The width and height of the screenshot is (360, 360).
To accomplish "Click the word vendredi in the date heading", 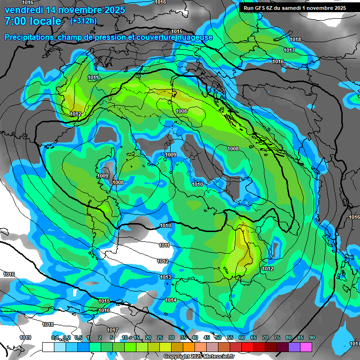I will (x=21, y=10).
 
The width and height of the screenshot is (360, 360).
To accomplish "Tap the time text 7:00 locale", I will (x=33, y=21).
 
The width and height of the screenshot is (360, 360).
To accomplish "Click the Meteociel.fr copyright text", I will (x=199, y=357).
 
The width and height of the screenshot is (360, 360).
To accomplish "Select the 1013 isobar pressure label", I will (x=165, y=277).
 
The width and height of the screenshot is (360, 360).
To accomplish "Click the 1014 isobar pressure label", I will (x=171, y=300).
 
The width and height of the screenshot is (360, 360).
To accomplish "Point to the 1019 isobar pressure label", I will (x=25, y=337).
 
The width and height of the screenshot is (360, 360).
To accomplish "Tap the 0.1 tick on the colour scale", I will (x=55, y=338).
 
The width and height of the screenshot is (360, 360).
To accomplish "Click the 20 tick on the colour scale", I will (x=148, y=338).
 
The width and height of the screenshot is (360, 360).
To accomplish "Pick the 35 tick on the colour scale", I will (x=183, y=338).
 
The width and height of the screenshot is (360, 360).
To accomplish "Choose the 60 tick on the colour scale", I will (x=242, y=338).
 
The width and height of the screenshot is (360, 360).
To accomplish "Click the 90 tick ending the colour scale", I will (x=312, y=338).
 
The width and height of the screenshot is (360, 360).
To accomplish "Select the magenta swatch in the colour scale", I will (x=306, y=347).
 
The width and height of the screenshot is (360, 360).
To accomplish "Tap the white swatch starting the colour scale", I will (x=48, y=347).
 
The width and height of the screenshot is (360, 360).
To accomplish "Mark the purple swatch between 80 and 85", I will (x=294, y=347).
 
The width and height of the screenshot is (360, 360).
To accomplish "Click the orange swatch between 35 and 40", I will (x=188, y=347).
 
